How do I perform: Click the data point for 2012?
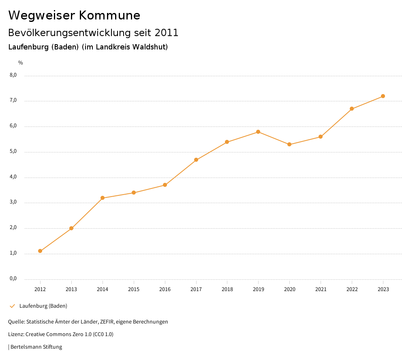click(x=40, y=251)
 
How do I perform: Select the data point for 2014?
click(x=103, y=198)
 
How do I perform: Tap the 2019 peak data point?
click(x=258, y=132)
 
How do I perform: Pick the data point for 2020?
click(x=289, y=144)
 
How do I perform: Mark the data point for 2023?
click(x=383, y=96)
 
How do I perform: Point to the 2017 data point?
click(x=196, y=160)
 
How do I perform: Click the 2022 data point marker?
click(x=352, y=109)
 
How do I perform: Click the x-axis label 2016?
click(x=165, y=289)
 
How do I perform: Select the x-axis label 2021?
click(x=321, y=289)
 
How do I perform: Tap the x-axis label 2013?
click(x=71, y=289)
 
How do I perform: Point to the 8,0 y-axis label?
click(x=13, y=75)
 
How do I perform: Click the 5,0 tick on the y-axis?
click(x=13, y=151)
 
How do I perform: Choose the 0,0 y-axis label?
click(x=13, y=279)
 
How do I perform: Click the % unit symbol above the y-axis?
click(x=21, y=62)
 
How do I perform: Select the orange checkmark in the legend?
click(x=12, y=306)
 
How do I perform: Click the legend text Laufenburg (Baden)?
click(x=43, y=306)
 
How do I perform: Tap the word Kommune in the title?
click(x=109, y=15)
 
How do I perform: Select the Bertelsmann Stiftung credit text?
click(x=36, y=347)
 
